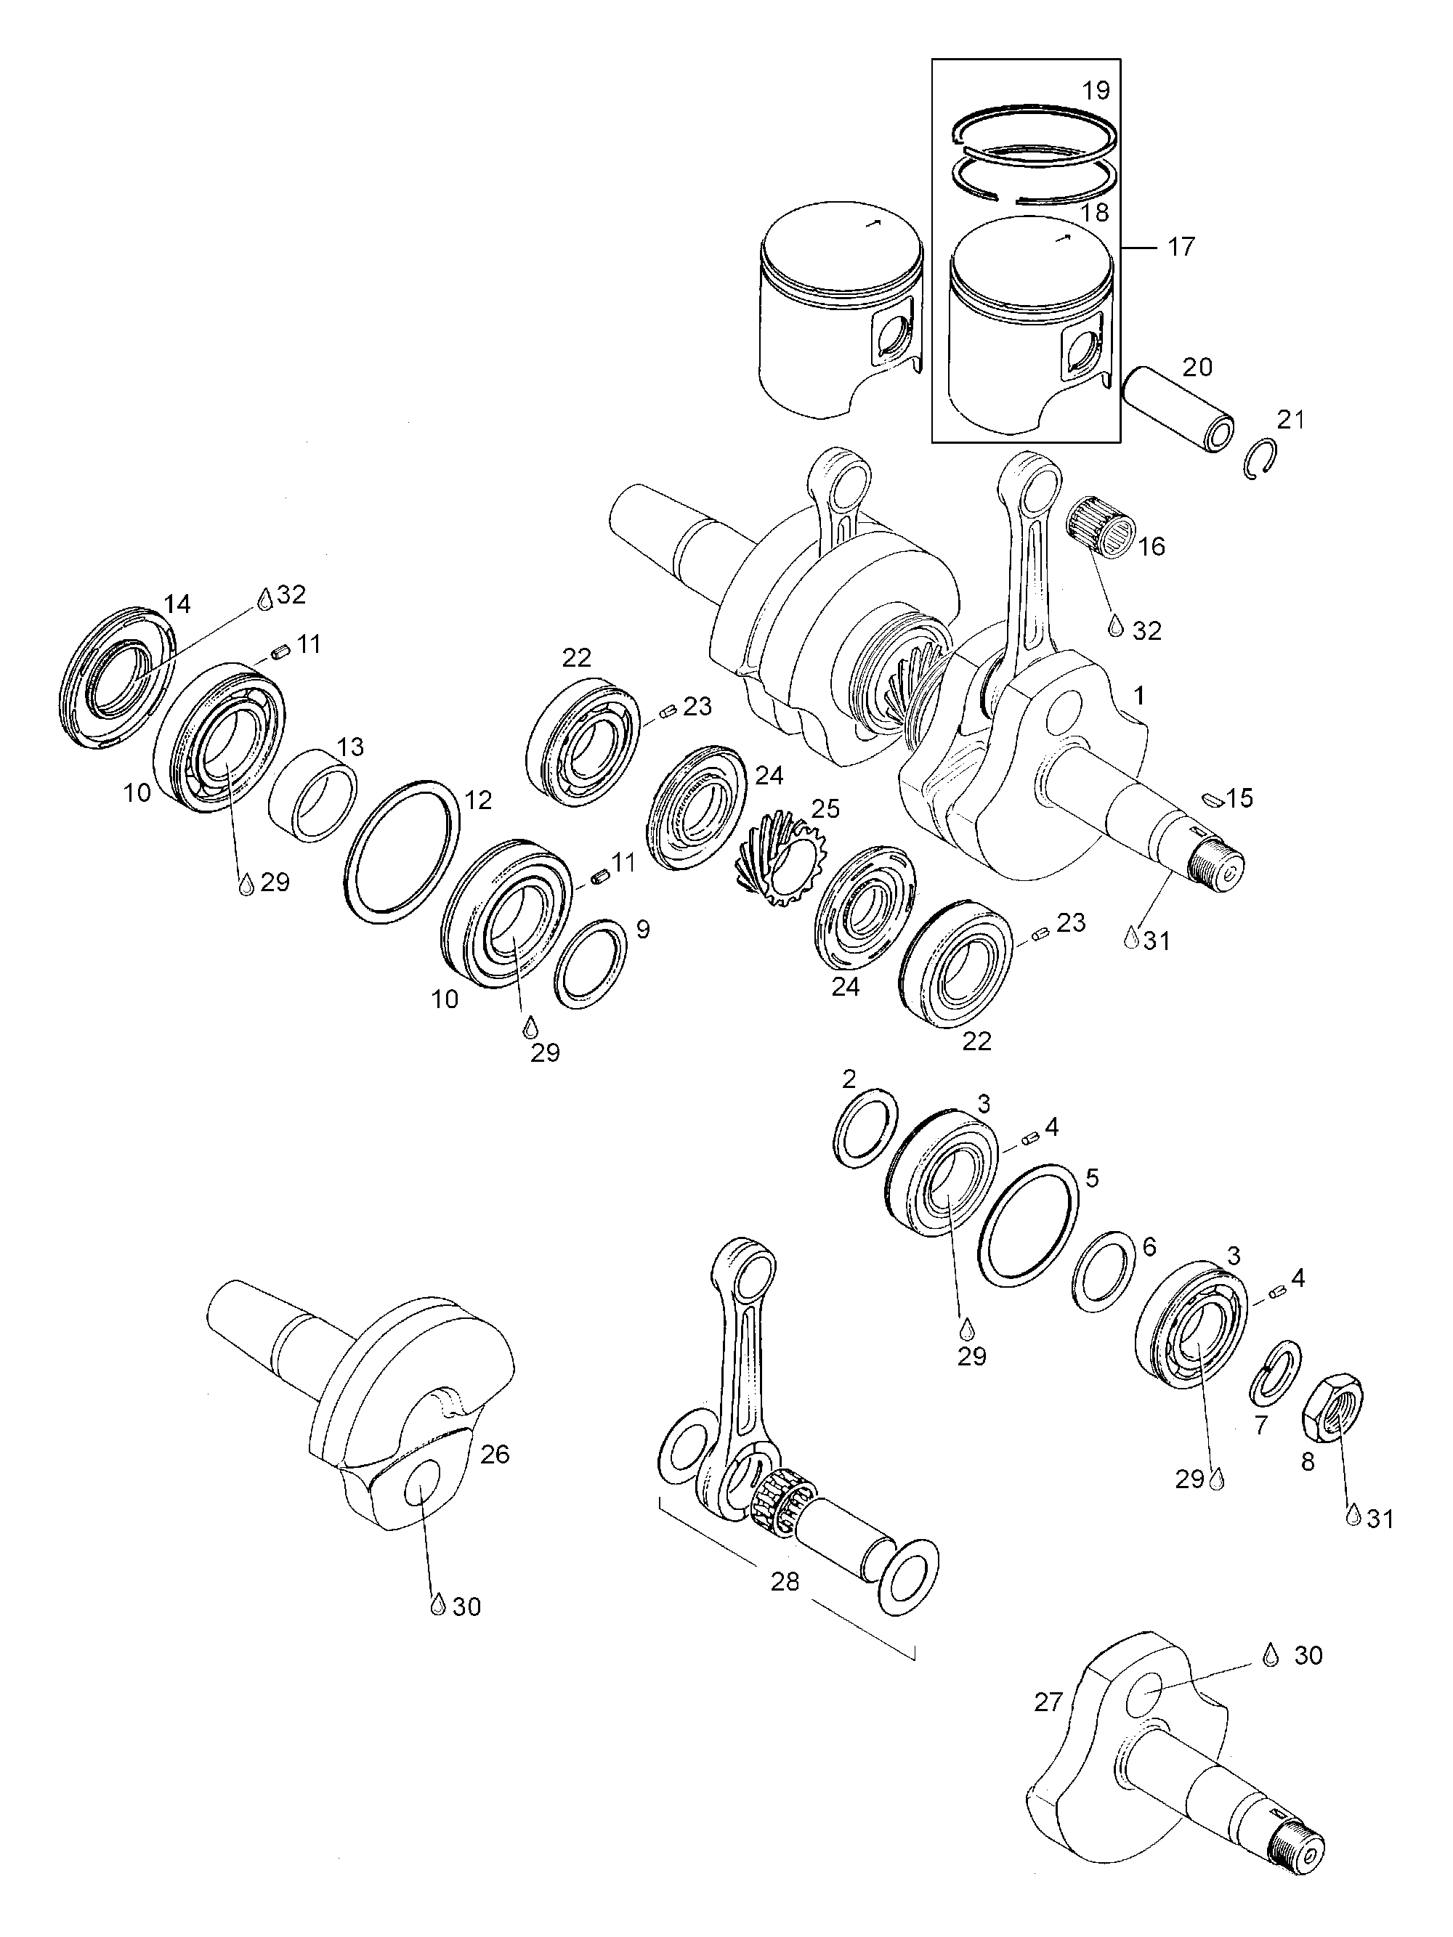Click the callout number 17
point(1181,247)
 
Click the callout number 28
point(785,1583)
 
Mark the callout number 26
point(495,1455)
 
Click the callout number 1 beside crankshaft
point(1138,697)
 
